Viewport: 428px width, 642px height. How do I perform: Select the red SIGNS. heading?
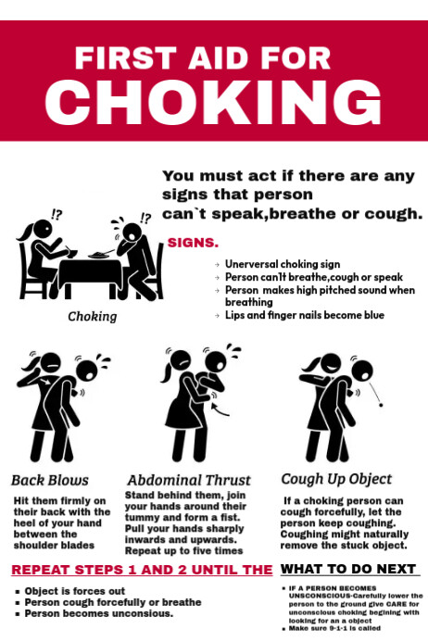pos(193,243)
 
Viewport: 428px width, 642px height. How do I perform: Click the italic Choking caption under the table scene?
pos(93,316)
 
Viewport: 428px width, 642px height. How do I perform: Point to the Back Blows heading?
pos(50,480)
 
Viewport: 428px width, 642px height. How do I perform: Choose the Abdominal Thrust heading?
pos(189,481)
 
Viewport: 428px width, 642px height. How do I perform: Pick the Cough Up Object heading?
pos(336,479)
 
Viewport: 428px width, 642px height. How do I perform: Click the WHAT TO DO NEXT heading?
pos(348,569)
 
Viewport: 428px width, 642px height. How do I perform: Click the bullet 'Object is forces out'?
pos(75,591)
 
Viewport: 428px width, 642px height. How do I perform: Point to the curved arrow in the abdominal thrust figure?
pos(215,403)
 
